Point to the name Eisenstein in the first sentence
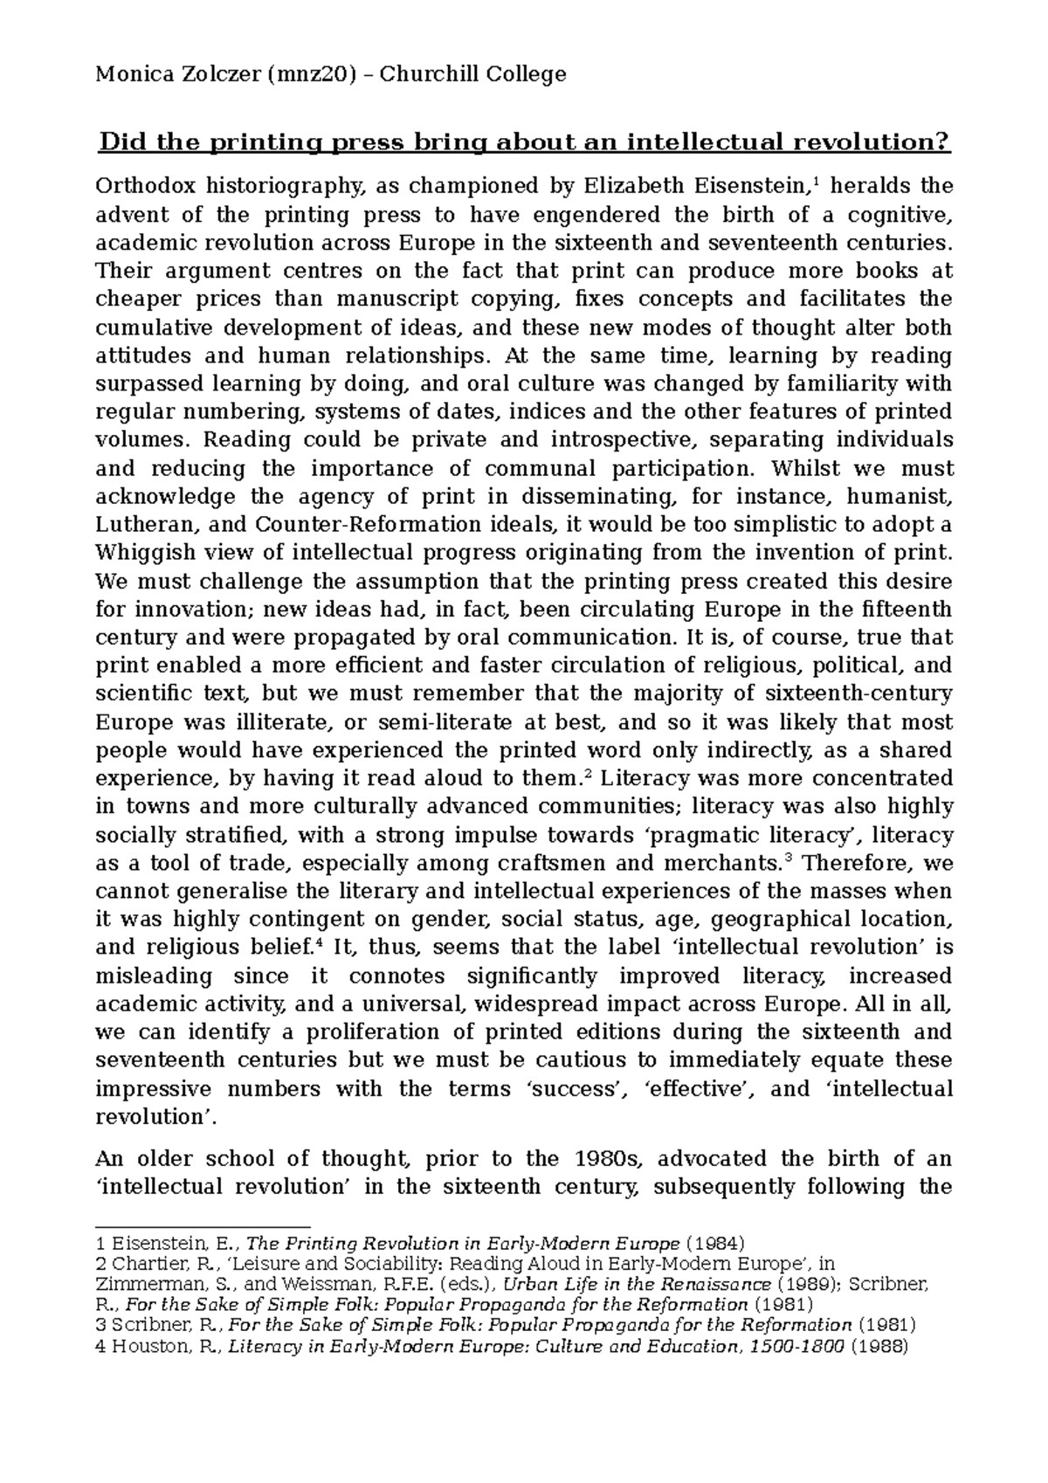click(750, 185)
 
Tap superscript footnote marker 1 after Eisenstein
click(816, 181)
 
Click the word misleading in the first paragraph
click(154, 976)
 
